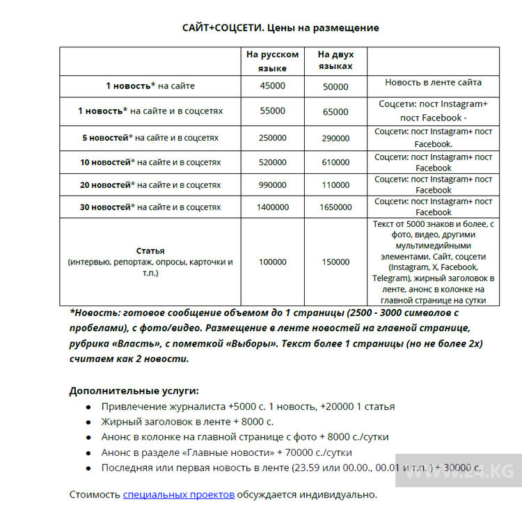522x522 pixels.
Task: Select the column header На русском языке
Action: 273,61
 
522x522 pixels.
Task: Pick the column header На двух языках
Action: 335,61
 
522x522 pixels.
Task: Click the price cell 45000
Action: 273,86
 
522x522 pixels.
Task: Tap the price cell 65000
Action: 335,111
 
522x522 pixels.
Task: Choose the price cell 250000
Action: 272,139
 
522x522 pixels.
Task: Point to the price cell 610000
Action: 335,162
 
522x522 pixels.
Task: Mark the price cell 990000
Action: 272,185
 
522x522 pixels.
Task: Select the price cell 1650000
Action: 335,207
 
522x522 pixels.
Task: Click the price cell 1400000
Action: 272,207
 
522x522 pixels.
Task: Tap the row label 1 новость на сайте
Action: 150,86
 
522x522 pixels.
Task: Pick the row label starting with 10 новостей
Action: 150,162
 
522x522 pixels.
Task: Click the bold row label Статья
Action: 150,251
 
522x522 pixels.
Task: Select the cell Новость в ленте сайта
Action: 433,82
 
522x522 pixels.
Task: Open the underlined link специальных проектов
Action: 179,495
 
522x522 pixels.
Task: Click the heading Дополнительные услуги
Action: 134,391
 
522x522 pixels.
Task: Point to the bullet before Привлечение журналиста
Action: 88,407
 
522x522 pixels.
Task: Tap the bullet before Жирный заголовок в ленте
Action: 88,422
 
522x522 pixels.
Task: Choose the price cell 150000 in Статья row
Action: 335,262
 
